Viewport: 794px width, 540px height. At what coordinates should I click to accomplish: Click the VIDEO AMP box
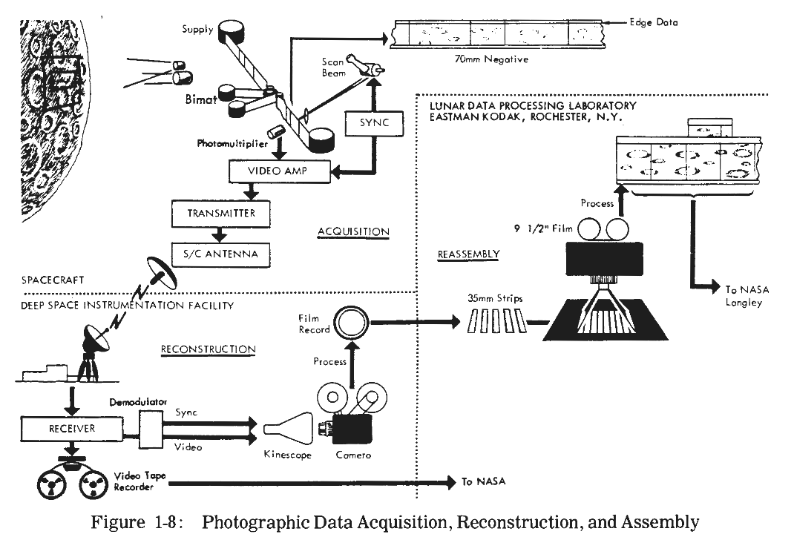point(280,171)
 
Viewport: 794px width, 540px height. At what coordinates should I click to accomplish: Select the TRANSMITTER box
point(221,214)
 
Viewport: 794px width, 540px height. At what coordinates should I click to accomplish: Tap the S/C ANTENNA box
point(220,254)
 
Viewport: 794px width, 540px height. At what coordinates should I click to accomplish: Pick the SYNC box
point(374,123)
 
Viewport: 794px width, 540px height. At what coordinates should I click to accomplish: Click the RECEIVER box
point(72,429)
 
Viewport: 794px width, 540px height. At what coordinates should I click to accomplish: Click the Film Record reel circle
point(353,322)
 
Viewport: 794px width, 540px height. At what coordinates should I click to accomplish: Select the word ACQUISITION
point(353,231)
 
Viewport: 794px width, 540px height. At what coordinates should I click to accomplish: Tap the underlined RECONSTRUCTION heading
point(208,349)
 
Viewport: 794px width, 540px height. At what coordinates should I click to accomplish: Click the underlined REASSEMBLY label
point(468,254)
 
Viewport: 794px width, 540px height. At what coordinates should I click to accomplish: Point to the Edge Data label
point(653,22)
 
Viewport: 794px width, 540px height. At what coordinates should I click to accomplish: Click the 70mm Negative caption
point(491,59)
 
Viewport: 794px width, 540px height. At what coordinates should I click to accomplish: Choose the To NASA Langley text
point(747,296)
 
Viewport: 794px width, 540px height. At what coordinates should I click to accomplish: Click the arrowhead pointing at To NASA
point(451,483)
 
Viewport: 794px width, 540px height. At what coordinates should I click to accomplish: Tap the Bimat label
point(201,99)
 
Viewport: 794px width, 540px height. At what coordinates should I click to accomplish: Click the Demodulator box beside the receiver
point(151,429)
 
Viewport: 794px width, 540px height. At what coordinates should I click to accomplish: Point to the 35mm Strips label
point(495,299)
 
